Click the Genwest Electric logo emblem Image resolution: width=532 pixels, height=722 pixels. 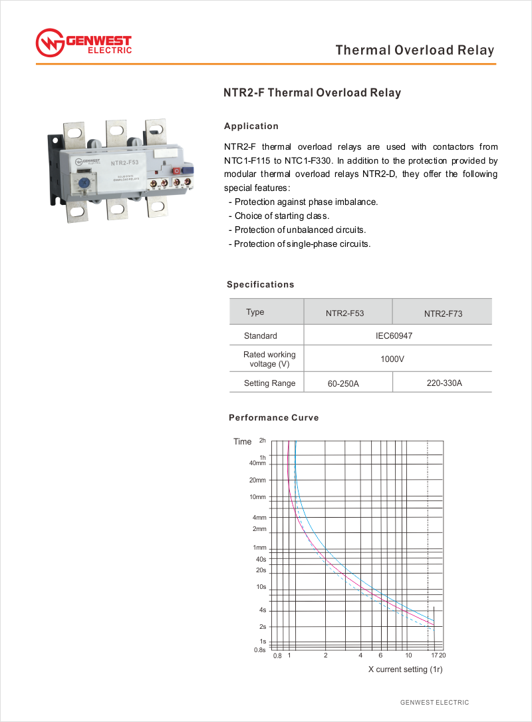point(49,43)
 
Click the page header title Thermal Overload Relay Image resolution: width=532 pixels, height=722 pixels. point(415,51)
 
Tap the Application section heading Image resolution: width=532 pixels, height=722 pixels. point(251,126)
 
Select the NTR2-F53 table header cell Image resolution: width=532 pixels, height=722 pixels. point(344,313)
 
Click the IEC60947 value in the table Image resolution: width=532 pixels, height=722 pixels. point(394,336)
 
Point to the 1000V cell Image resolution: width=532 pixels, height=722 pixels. point(392,359)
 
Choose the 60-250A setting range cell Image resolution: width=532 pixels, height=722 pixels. point(343,384)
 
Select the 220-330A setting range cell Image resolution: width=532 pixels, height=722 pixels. point(444,383)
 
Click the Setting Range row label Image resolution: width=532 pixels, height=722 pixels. point(269,383)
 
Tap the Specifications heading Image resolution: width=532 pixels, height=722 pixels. point(260,285)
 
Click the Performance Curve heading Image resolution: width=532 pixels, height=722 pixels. point(274,418)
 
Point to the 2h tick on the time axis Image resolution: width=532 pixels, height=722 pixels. point(263,441)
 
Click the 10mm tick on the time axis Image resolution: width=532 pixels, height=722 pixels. point(258,497)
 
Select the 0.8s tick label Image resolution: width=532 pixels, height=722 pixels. point(260,649)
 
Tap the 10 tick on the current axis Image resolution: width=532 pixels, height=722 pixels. point(408,656)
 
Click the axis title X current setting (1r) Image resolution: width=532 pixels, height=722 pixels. point(406,669)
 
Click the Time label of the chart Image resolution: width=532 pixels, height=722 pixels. point(242,442)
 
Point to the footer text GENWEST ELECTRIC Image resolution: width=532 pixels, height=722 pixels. point(434,703)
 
